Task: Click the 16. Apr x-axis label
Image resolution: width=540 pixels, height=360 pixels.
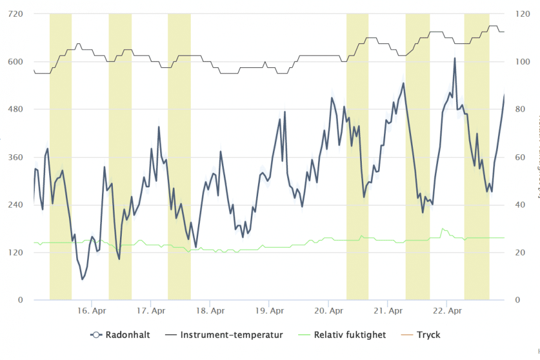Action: tap(91, 311)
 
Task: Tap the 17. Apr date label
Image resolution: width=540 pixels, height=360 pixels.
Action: tap(151, 311)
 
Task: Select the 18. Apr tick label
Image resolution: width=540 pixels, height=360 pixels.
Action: tap(210, 311)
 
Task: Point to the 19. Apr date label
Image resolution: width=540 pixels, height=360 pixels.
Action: tap(269, 311)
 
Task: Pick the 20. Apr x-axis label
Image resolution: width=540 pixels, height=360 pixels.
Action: tap(328, 311)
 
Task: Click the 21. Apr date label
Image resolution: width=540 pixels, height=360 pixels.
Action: tap(388, 311)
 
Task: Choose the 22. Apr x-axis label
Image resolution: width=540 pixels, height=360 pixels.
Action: tap(447, 311)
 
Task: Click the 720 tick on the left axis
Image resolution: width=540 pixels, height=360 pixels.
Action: tap(16, 13)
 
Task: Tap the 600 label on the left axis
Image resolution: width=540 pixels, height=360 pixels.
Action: tap(16, 61)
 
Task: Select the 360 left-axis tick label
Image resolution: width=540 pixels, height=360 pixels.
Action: tap(16, 157)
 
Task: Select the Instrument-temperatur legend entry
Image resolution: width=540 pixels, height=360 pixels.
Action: tap(232, 335)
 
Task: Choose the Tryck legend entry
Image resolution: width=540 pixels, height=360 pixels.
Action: tap(428, 335)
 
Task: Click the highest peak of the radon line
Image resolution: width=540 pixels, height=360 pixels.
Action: tap(455, 58)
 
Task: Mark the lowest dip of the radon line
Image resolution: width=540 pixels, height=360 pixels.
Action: tap(83, 279)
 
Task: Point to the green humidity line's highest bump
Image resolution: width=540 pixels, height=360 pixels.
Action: tap(443, 229)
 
